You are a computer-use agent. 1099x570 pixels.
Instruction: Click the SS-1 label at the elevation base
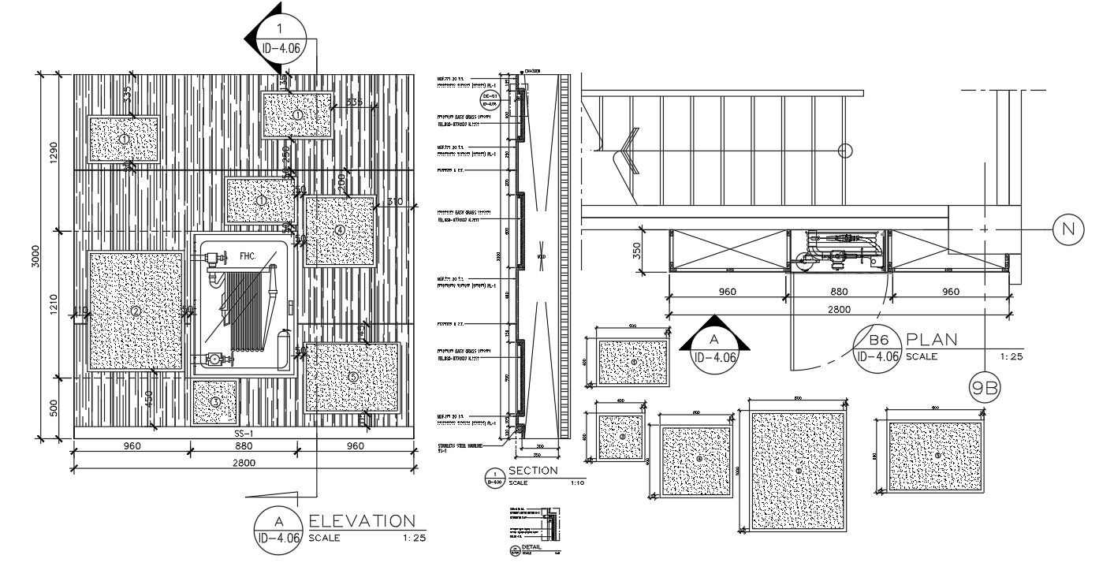243,434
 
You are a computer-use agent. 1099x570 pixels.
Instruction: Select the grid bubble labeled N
1068,229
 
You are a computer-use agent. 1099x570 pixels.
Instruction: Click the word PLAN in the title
932,341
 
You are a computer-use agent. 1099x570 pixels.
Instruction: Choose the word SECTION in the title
533,471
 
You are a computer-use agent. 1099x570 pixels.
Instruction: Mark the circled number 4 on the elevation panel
339,230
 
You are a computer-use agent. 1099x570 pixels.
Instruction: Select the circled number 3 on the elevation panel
215,402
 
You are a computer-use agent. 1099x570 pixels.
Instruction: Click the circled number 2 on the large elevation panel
136,311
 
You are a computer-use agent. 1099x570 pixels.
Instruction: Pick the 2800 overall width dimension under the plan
839,311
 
